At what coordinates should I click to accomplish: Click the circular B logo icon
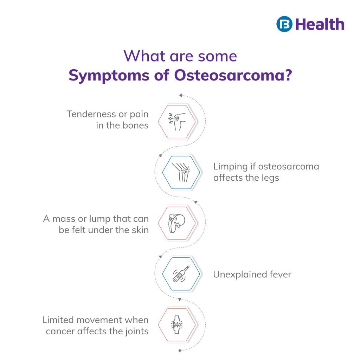point(284,24)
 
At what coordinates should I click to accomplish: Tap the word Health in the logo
point(320,24)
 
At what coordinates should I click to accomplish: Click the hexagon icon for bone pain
point(176,121)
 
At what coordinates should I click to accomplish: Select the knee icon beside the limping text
point(181,172)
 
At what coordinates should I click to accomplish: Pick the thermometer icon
point(181,274)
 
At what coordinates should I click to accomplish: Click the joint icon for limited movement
point(176,325)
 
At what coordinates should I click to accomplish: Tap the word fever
point(279,274)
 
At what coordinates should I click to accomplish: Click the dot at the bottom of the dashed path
point(180,351)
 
